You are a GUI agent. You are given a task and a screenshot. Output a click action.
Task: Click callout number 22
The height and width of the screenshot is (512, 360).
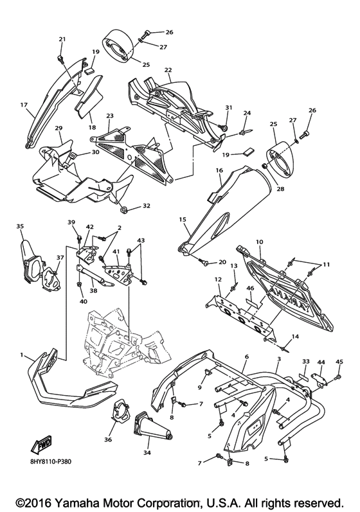pyautogui.click(x=168, y=70)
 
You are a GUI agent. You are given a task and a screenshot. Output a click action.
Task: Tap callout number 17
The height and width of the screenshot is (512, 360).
pyautogui.click(x=24, y=105)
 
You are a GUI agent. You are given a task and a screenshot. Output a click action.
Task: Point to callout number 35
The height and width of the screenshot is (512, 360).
pyautogui.click(x=20, y=226)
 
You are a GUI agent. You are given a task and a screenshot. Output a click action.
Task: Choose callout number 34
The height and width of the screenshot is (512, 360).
pyautogui.click(x=148, y=453)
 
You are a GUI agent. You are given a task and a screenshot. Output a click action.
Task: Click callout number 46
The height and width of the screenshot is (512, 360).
pyautogui.click(x=250, y=288)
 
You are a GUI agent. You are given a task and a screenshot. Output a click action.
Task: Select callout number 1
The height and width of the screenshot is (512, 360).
pyautogui.click(x=22, y=355)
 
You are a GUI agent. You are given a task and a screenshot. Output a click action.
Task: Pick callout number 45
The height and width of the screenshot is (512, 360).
pyautogui.click(x=339, y=362)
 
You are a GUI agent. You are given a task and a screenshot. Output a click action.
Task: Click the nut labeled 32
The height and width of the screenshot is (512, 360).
pyautogui.click(x=124, y=208)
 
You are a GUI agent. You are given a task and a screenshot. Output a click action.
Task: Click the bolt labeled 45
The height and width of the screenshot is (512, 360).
pyautogui.click(x=337, y=378)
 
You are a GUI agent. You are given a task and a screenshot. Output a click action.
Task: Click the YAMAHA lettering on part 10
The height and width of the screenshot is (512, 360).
pyautogui.click(x=292, y=299)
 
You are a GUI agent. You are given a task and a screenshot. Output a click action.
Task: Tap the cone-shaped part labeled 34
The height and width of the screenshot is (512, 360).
pyautogui.click(x=152, y=424)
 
